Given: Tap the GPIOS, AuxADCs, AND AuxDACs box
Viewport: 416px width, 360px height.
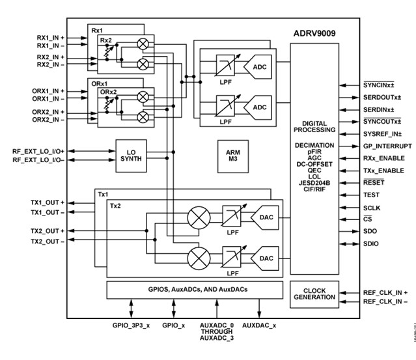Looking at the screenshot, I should click(x=194, y=290).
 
